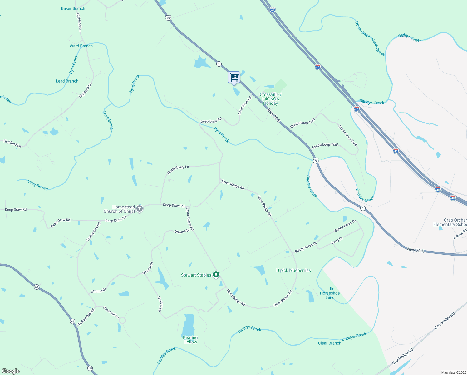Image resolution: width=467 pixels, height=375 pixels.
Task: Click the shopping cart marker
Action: pyautogui.click(x=234, y=77)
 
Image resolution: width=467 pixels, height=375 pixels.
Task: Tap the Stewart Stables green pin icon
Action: pyautogui.click(x=216, y=275)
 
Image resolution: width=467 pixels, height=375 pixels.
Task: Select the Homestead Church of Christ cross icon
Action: pyautogui.click(x=140, y=209)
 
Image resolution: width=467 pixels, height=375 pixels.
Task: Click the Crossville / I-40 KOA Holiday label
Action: pyautogui.click(x=270, y=99)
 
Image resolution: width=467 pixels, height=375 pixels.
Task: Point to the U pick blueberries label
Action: pyautogui.click(x=293, y=270)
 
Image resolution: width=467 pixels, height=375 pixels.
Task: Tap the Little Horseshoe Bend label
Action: pyautogui.click(x=330, y=293)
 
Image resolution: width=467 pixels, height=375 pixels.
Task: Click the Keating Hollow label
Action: pyautogui.click(x=190, y=340)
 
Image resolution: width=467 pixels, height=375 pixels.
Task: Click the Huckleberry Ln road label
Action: pyautogui.click(x=178, y=170)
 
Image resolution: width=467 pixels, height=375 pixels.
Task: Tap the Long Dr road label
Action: pyautogui.click(x=337, y=240)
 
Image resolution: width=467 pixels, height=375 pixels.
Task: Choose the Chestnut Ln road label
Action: pyautogui.click(x=111, y=312)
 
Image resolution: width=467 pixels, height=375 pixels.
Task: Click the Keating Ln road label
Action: pyautogui.click(x=160, y=304)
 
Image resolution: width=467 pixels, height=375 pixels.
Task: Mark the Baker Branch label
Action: pyautogui.click(x=73, y=8)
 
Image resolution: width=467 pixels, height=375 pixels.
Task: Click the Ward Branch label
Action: pyautogui.click(x=81, y=46)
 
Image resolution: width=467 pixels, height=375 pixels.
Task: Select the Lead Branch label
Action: pyautogui.click(x=67, y=81)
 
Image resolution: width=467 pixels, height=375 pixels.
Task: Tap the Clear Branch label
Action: pyautogui.click(x=329, y=343)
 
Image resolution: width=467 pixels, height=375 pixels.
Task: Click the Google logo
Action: pyautogui.click(x=11, y=371)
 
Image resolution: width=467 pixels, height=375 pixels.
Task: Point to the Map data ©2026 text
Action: pyautogui.click(x=453, y=372)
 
